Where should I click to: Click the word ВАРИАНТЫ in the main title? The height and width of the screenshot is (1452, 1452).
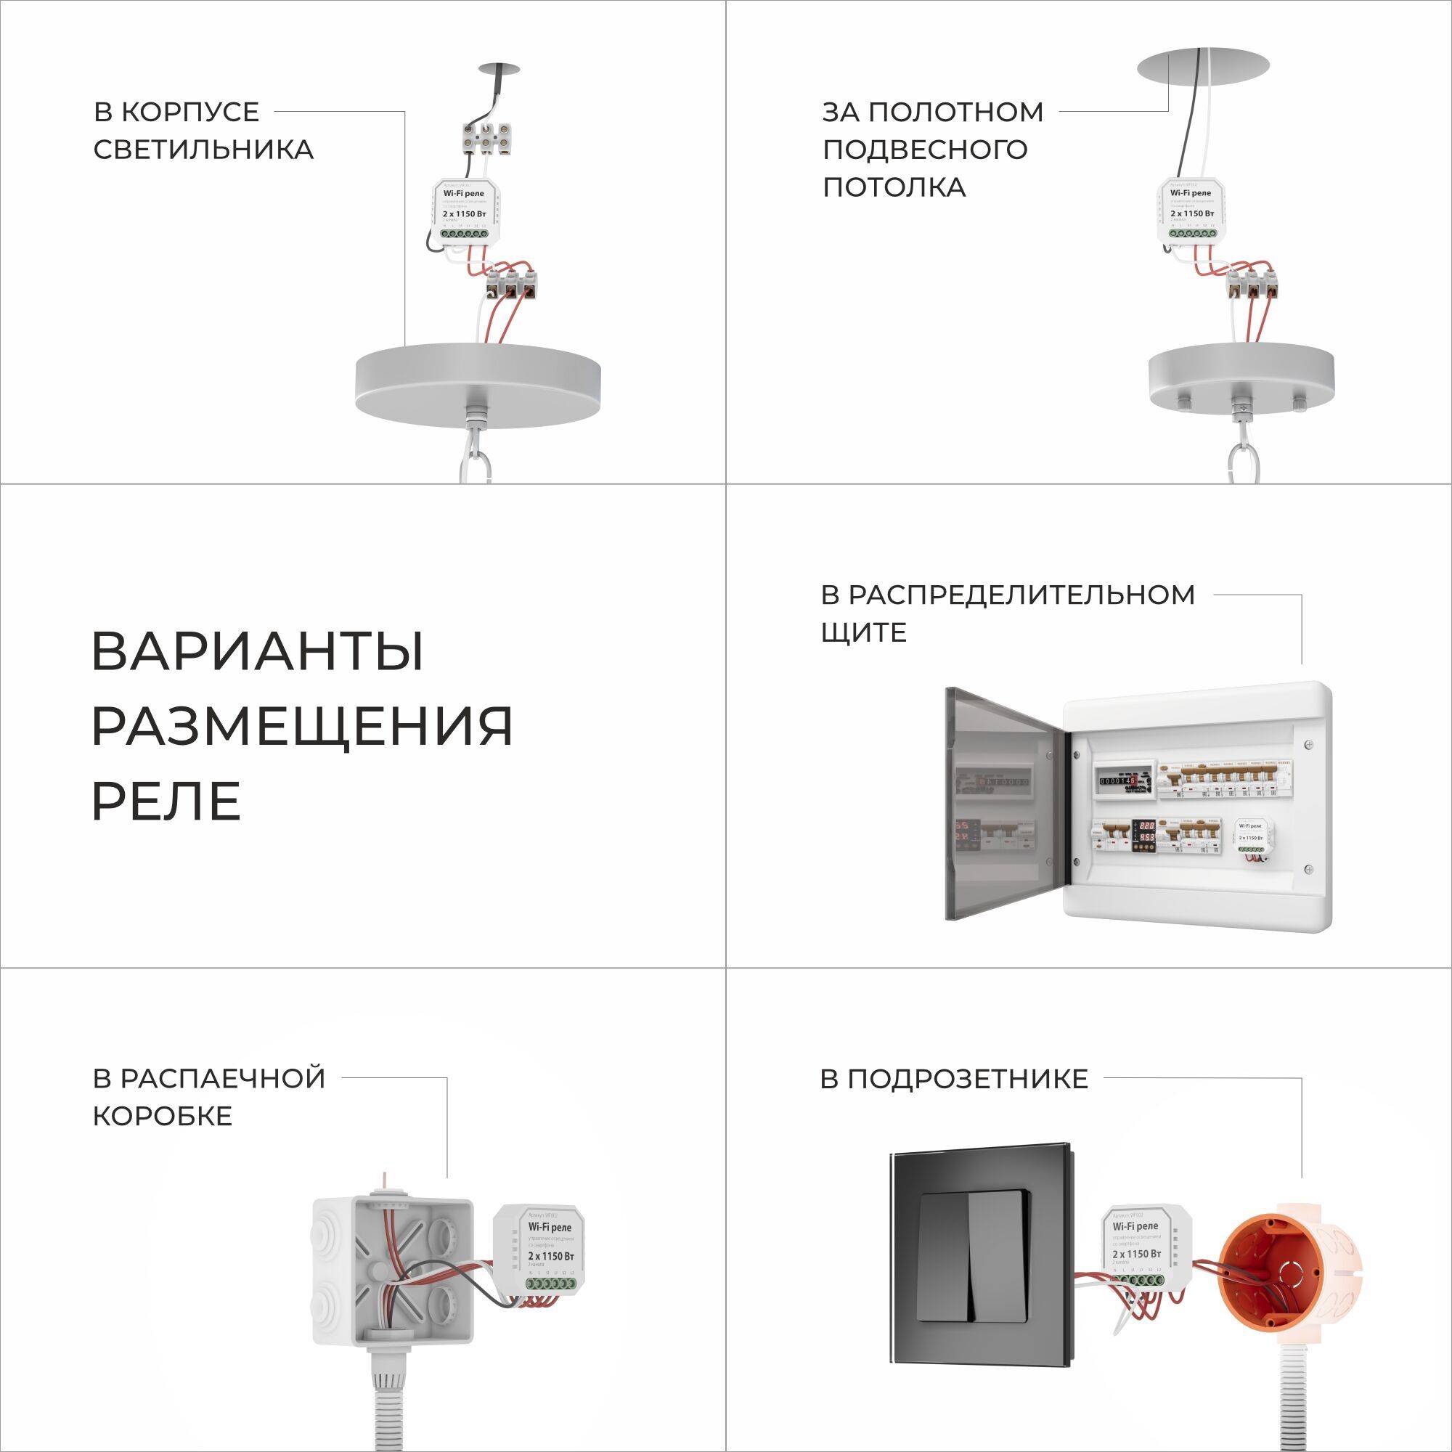click(258, 652)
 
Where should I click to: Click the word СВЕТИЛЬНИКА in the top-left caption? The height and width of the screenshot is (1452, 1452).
click(203, 150)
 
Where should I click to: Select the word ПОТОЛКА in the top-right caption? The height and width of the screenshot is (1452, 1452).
click(894, 187)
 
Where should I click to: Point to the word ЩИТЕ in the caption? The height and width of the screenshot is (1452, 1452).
click(863, 632)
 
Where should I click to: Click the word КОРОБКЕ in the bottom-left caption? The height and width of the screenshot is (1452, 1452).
click(163, 1116)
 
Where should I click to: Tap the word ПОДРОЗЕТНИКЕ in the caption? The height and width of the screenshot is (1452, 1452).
click(953, 1080)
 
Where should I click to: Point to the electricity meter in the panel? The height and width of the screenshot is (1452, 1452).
click(1123, 782)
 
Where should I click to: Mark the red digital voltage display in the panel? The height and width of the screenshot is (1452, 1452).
click(1144, 830)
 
